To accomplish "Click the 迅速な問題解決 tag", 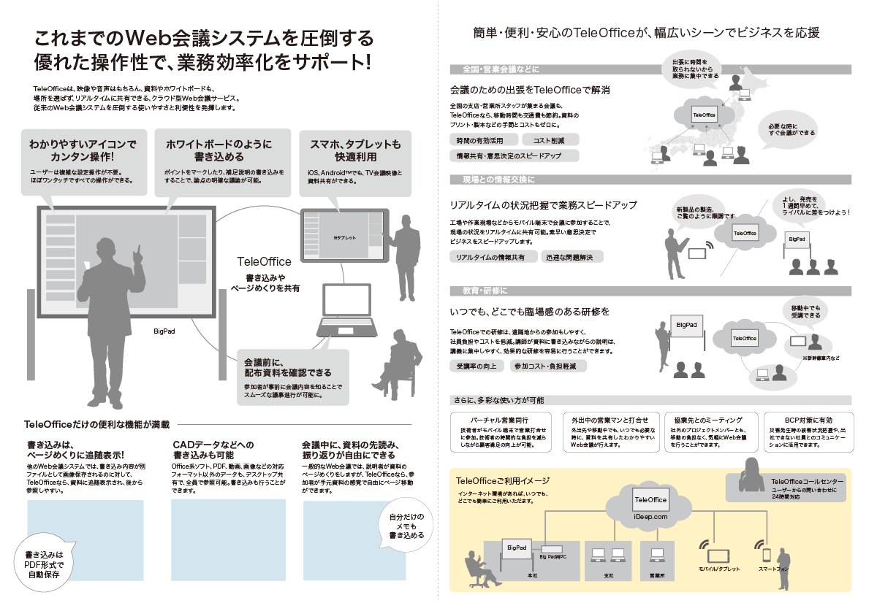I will pos(572,257).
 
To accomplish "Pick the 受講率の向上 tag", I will pos(477,366).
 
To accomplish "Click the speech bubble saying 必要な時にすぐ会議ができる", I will pos(791,128).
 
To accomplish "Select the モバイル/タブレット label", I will pos(719,569).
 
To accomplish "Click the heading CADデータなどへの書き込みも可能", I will pos(213,450).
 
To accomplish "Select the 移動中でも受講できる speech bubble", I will pos(805,311).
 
